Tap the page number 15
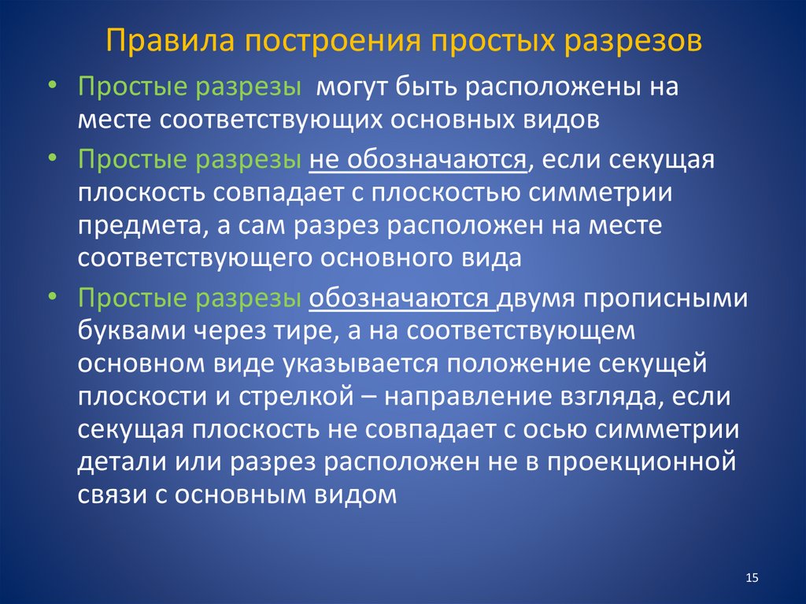[x=751, y=579]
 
